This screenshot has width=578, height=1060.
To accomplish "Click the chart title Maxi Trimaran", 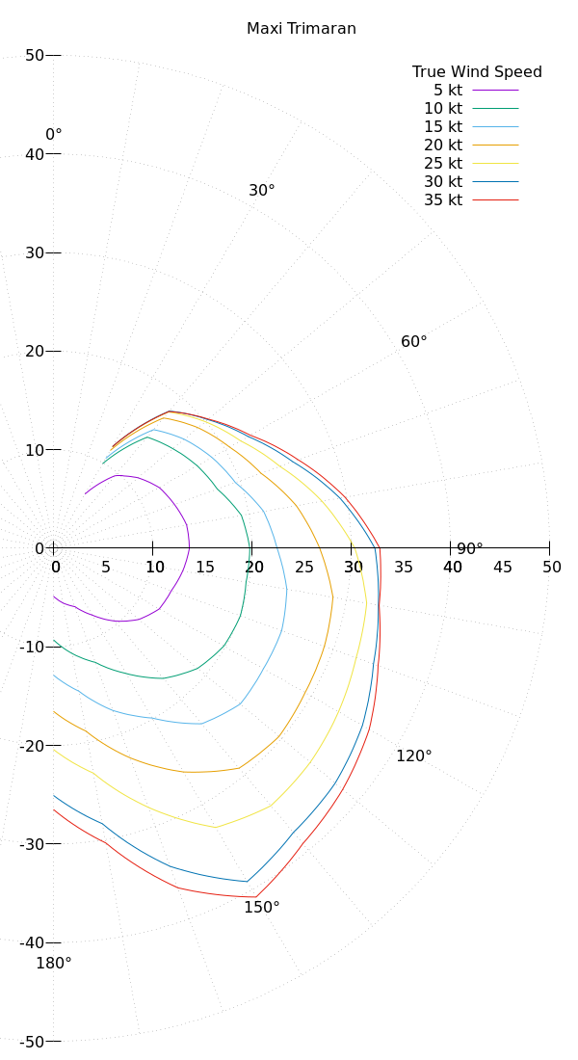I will pyautogui.click(x=302, y=29).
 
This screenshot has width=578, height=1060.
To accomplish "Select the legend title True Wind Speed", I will pyautogui.click(x=477, y=72).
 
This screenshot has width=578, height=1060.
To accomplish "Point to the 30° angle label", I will pyautogui.click(x=262, y=191).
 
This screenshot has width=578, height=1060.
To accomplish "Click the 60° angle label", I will pyautogui.click(x=414, y=342).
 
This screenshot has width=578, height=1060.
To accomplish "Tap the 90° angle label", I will pyautogui.click(x=470, y=549).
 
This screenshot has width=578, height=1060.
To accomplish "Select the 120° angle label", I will pyautogui.click(x=414, y=756).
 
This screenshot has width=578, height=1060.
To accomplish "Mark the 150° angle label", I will pyautogui.click(x=262, y=908).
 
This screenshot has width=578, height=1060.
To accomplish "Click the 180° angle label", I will pyautogui.click(x=54, y=963).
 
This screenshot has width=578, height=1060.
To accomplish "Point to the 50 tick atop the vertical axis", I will pyautogui.click(x=35, y=56).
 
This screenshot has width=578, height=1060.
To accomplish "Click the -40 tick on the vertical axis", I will pyautogui.click(x=31, y=942).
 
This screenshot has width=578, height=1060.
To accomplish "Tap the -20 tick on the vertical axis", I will pyautogui.click(x=31, y=746).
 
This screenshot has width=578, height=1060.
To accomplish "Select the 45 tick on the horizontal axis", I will pyautogui.click(x=502, y=568).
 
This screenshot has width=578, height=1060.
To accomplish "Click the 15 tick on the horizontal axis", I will pyautogui.click(x=205, y=568).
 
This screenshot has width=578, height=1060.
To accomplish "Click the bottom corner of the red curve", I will pyautogui.click(x=256, y=897).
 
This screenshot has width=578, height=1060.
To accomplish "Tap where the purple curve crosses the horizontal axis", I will pyautogui.click(x=190, y=548).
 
